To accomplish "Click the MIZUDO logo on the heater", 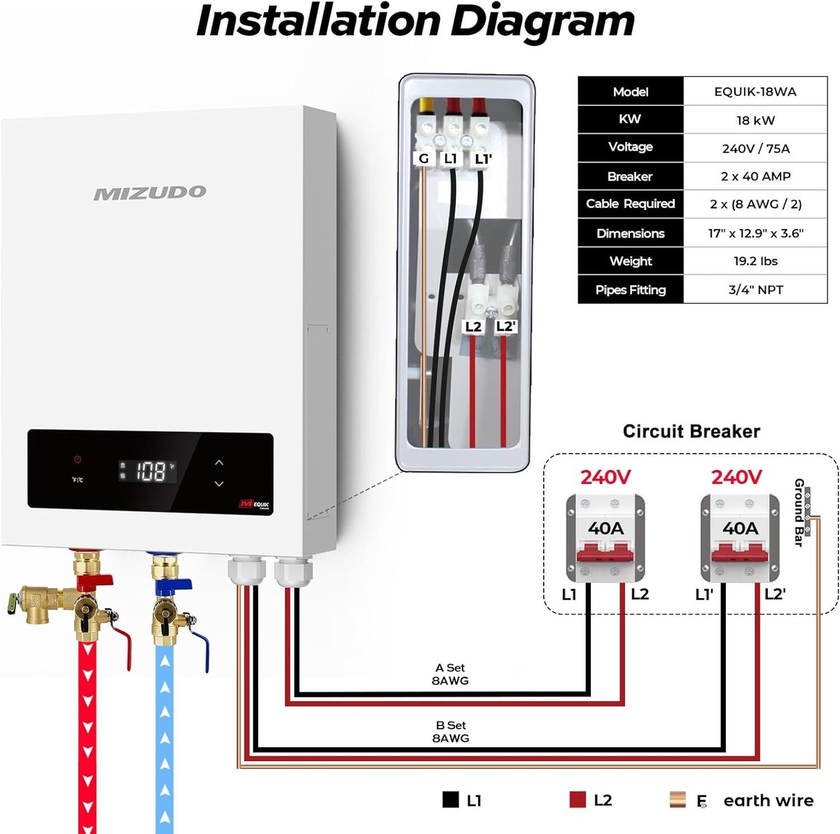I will [x=150, y=193].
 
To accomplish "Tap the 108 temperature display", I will [x=150, y=471].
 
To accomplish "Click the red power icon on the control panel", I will [x=78, y=460].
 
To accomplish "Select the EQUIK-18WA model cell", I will [x=755, y=92].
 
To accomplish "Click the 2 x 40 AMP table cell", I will [x=755, y=176].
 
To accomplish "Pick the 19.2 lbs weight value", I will [x=755, y=261].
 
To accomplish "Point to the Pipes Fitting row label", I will [x=630, y=290].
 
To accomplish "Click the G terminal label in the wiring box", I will [x=423, y=159].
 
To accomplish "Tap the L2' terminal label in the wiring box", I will [x=505, y=327].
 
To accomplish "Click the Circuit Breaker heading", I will [x=691, y=431].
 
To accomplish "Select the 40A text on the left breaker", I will [x=605, y=529].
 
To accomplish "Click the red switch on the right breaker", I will [x=740, y=553].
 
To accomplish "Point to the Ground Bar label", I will [x=799, y=512].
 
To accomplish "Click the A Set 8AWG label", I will [x=450, y=674].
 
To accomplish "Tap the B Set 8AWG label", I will [x=450, y=732].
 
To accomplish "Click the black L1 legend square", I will [x=451, y=800].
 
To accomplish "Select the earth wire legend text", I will [x=768, y=800].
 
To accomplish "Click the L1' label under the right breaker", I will [x=704, y=595].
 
